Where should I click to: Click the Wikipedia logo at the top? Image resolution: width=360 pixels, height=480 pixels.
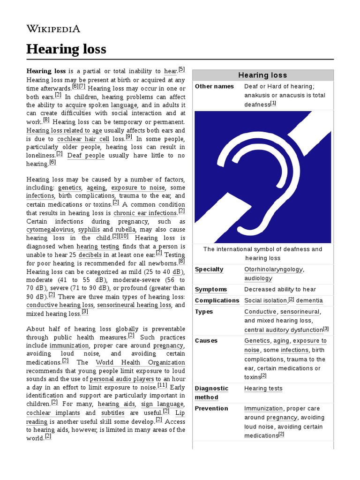tap(53, 29)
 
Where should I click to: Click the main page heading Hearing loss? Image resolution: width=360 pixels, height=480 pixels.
tap(66, 49)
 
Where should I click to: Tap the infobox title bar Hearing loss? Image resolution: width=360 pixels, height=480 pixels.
tap(262, 75)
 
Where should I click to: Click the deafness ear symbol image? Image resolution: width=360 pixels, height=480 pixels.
tap(262, 177)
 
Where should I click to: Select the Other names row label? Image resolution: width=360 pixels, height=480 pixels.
tap(214, 87)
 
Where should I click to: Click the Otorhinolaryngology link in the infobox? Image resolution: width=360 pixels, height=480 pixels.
tap(274, 270)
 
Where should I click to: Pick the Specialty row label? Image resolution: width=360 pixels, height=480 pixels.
tap(209, 270)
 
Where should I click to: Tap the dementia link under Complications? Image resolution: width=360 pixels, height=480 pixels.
tap(309, 300)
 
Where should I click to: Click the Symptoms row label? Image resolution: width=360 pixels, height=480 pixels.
tap(211, 290)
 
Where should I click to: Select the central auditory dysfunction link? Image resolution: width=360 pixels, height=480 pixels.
tap(283, 330)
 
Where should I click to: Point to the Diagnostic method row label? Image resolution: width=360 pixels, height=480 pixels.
tap(211, 393)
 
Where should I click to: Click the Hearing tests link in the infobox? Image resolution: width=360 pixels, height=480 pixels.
tap(263, 389)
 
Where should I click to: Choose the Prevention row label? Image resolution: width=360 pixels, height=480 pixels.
tap(211, 408)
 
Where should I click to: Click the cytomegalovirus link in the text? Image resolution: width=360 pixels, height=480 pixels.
tap(50, 230)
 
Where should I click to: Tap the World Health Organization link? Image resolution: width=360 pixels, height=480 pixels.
tap(140, 362)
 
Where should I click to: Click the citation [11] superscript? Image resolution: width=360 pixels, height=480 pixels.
tap(162, 386)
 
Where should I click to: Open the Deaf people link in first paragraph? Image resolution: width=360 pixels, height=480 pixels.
tap(86, 156)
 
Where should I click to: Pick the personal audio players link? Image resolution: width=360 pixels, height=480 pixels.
tap(122, 379)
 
